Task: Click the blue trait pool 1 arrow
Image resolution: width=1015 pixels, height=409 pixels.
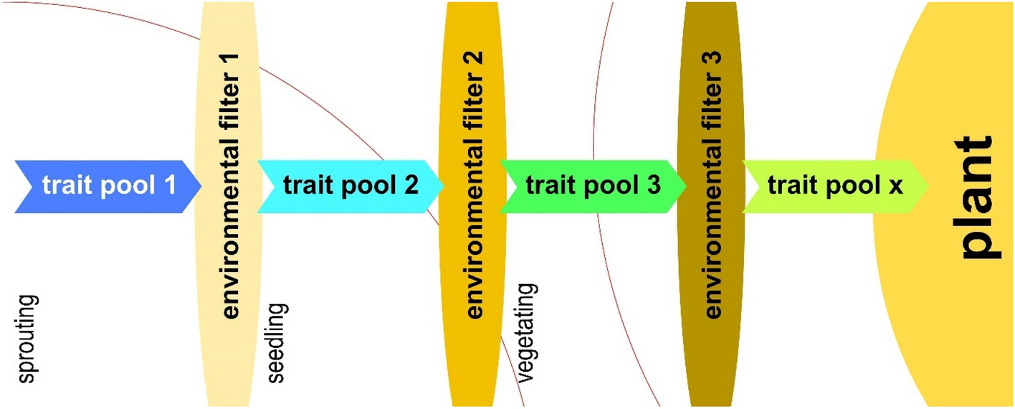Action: [108, 186]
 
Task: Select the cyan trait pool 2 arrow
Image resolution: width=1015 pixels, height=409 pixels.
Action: [350, 186]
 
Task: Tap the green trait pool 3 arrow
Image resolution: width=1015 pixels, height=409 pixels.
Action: [592, 186]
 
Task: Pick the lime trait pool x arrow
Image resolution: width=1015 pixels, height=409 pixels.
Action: [835, 186]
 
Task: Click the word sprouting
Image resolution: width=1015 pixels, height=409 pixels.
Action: [28, 339]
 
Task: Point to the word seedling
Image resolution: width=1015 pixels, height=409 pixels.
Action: [277, 343]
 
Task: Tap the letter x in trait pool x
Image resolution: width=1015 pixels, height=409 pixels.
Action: [895, 187]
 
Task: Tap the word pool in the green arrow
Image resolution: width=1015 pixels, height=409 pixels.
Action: [606, 185]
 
